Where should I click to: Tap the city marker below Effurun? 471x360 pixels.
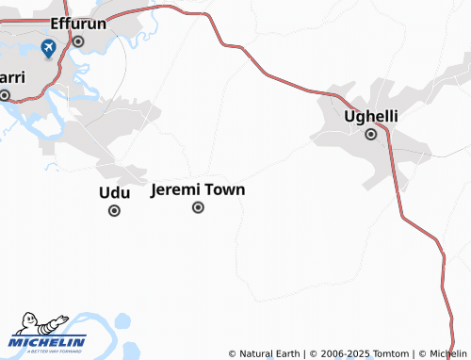[78, 41]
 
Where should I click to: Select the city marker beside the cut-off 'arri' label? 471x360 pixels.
[5, 94]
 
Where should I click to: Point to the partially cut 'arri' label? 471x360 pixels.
[11, 77]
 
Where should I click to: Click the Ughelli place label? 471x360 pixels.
[371, 116]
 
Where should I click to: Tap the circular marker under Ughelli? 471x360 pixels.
[371, 134]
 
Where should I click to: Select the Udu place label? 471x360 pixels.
[114, 192]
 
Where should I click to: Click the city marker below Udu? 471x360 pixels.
[114, 210]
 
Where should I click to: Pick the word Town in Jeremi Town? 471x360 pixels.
[225, 189]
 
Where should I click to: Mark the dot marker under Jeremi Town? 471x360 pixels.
[198, 207]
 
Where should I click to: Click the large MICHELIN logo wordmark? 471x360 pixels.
[49, 342]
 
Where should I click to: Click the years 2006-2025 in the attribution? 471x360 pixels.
[344, 353]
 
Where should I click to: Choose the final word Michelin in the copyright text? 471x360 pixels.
[447, 353]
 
